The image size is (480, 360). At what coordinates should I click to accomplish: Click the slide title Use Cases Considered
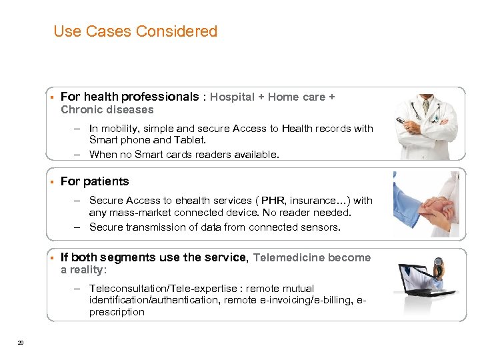click(135, 31)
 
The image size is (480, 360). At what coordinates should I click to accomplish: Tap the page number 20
click(21, 343)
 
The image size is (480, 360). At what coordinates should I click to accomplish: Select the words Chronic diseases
click(107, 109)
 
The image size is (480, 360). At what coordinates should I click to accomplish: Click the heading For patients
click(95, 181)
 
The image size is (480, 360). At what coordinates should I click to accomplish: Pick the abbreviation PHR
click(273, 200)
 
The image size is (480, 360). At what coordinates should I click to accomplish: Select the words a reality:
click(83, 269)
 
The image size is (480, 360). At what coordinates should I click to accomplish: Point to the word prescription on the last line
click(117, 311)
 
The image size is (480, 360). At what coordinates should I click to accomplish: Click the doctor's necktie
click(426, 107)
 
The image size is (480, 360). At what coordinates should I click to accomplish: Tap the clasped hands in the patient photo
click(431, 213)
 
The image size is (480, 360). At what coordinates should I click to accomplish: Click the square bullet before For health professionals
click(51, 97)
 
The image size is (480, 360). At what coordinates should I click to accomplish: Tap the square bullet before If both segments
click(51, 257)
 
